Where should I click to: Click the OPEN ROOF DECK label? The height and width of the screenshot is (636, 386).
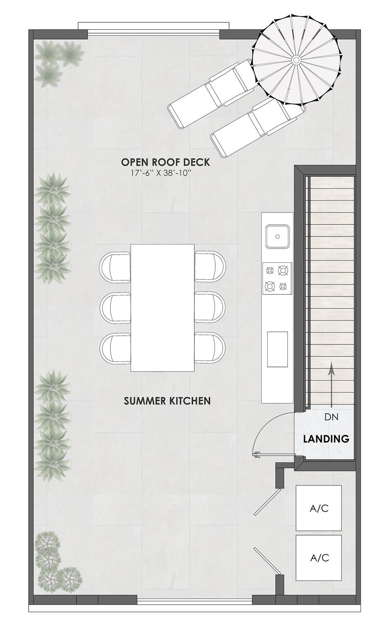pos(165,162)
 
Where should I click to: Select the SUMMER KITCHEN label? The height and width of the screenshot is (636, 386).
pos(167,400)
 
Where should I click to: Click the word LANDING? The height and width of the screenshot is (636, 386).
pos(326,439)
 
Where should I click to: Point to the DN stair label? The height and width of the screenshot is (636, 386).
pos(331,417)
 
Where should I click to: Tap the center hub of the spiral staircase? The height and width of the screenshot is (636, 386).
pos(297,60)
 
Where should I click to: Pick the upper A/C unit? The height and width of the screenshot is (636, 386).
pos(318,508)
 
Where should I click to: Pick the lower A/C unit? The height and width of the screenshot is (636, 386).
pos(318,558)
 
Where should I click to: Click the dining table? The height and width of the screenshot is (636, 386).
pos(162,308)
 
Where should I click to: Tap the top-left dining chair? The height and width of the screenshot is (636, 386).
pos(115,267)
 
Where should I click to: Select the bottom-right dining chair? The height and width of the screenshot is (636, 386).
pos(210,347)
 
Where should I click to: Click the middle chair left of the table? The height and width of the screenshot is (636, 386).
pos(115,307)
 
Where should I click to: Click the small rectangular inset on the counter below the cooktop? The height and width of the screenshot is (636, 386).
pos(277,349)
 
